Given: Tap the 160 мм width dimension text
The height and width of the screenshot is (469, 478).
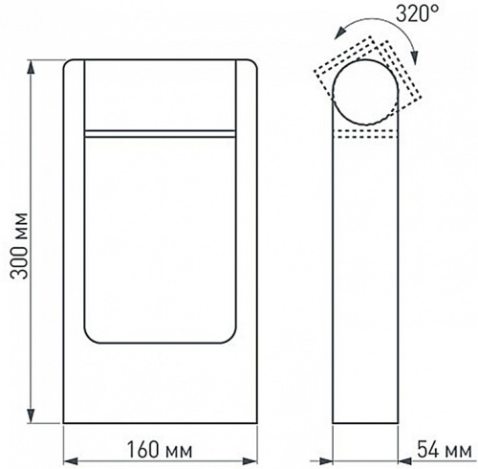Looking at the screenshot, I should [x=159, y=448].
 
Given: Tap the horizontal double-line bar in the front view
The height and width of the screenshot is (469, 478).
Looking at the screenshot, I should [x=160, y=131].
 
